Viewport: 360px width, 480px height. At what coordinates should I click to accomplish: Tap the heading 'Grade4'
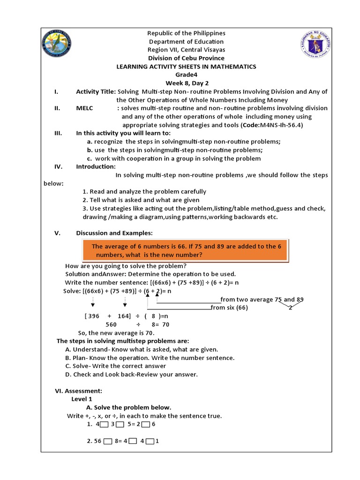(x=186, y=75)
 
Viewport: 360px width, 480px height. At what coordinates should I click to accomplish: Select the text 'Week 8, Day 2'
(x=186, y=83)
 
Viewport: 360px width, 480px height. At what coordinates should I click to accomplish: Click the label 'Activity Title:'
(x=96, y=91)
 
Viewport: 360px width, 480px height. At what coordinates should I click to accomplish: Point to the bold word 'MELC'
(x=85, y=108)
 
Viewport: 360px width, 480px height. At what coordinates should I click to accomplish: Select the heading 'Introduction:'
(x=96, y=166)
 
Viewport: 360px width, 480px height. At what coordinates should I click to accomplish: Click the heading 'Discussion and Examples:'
(x=114, y=233)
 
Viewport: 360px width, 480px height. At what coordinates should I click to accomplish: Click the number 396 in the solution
(x=94, y=316)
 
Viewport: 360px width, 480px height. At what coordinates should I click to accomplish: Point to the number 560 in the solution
(x=111, y=324)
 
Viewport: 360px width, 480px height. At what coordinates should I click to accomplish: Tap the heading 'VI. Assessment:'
(x=78, y=390)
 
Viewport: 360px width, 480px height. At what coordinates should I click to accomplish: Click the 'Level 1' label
(x=82, y=399)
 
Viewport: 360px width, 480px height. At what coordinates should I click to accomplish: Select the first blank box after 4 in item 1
(x=104, y=425)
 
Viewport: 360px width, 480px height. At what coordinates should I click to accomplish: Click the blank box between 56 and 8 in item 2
(x=108, y=442)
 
